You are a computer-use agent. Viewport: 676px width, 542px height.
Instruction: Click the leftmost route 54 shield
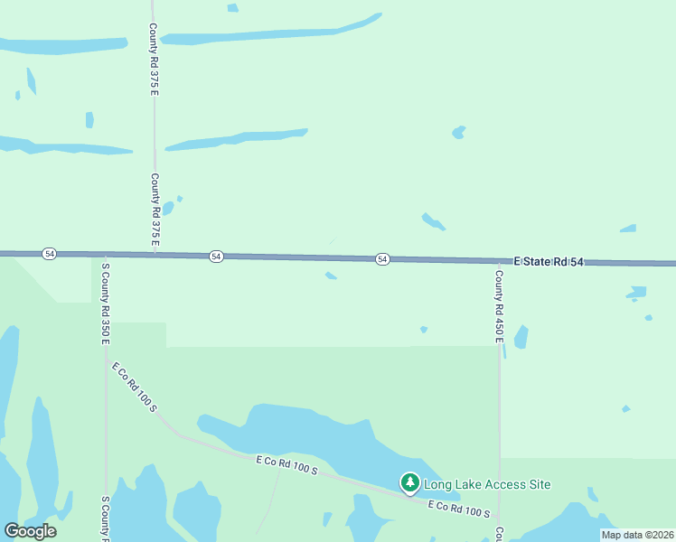pos(49,255)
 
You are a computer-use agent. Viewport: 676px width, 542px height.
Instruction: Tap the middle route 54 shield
pos(215,257)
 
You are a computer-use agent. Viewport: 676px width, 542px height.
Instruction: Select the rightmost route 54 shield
pos(382,259)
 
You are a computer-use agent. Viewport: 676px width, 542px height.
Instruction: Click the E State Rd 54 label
pos(549,262)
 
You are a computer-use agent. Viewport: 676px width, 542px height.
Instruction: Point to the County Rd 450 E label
pos(498,305)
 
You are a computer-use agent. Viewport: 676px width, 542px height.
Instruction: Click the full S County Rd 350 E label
pos(105,304)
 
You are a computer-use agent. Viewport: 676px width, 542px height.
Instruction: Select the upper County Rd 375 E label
pos(155,60)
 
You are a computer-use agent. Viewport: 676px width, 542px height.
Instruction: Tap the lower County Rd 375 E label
pos(155,210)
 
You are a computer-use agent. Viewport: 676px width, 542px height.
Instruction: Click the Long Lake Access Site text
pos(487,484)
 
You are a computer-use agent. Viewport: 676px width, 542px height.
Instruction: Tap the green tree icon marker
pos(410,483)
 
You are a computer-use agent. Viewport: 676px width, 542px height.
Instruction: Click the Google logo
pos(30,531)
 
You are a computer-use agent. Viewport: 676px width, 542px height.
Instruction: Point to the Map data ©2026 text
pos(636,535)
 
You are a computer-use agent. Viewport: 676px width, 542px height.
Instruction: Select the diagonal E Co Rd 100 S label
pos(135,388)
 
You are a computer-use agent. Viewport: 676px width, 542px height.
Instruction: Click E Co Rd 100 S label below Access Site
pos(458,509)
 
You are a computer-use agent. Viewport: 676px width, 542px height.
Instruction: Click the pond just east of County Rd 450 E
pos(521,337)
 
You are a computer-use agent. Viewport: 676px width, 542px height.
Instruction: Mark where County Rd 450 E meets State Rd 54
pos(499,262)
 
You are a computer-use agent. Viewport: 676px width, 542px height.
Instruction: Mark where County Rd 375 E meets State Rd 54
pos(155,256)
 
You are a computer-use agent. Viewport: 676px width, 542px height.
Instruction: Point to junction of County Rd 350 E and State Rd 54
pos(105,255)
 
